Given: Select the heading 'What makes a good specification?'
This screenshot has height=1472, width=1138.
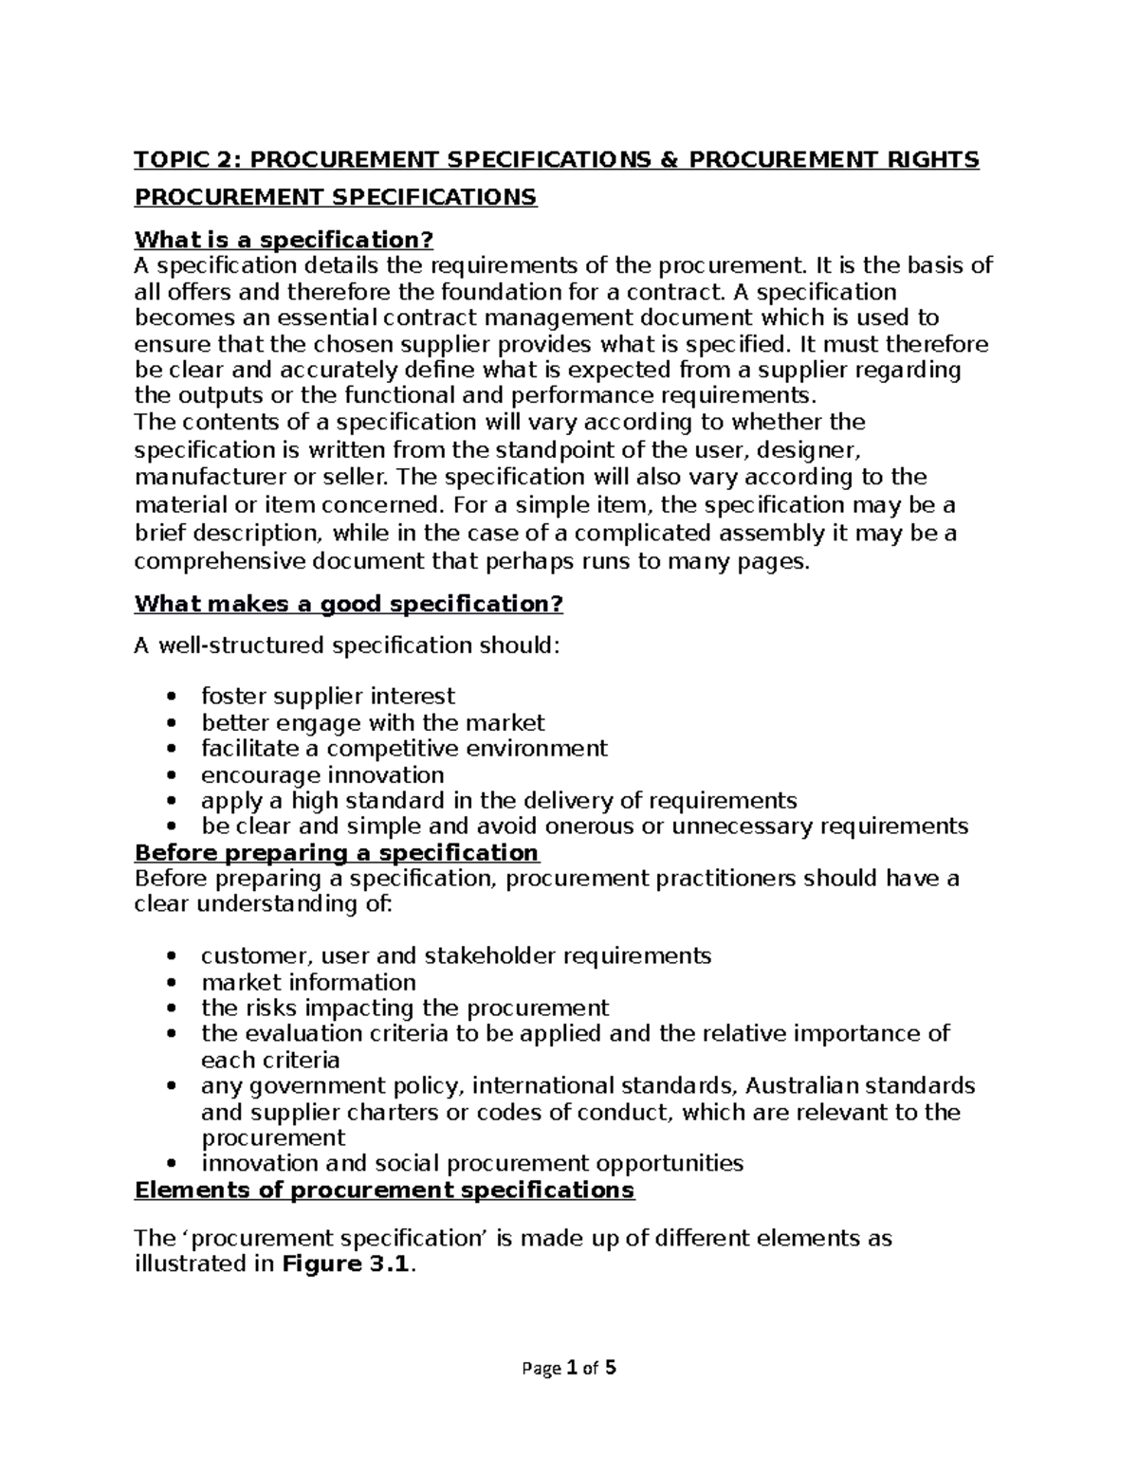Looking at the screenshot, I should (349, 604).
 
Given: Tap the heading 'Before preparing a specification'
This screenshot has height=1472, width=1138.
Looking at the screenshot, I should (337, 852).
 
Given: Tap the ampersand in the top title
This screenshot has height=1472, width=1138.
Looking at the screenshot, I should (669, 159).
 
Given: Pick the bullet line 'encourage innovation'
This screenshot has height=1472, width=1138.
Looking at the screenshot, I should (322, 774).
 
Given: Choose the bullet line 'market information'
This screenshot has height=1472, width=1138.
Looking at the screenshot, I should (308, 982).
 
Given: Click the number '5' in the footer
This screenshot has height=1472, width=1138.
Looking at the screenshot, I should (612, 1368).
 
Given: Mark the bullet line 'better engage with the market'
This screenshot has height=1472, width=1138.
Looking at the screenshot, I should (373, 723).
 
